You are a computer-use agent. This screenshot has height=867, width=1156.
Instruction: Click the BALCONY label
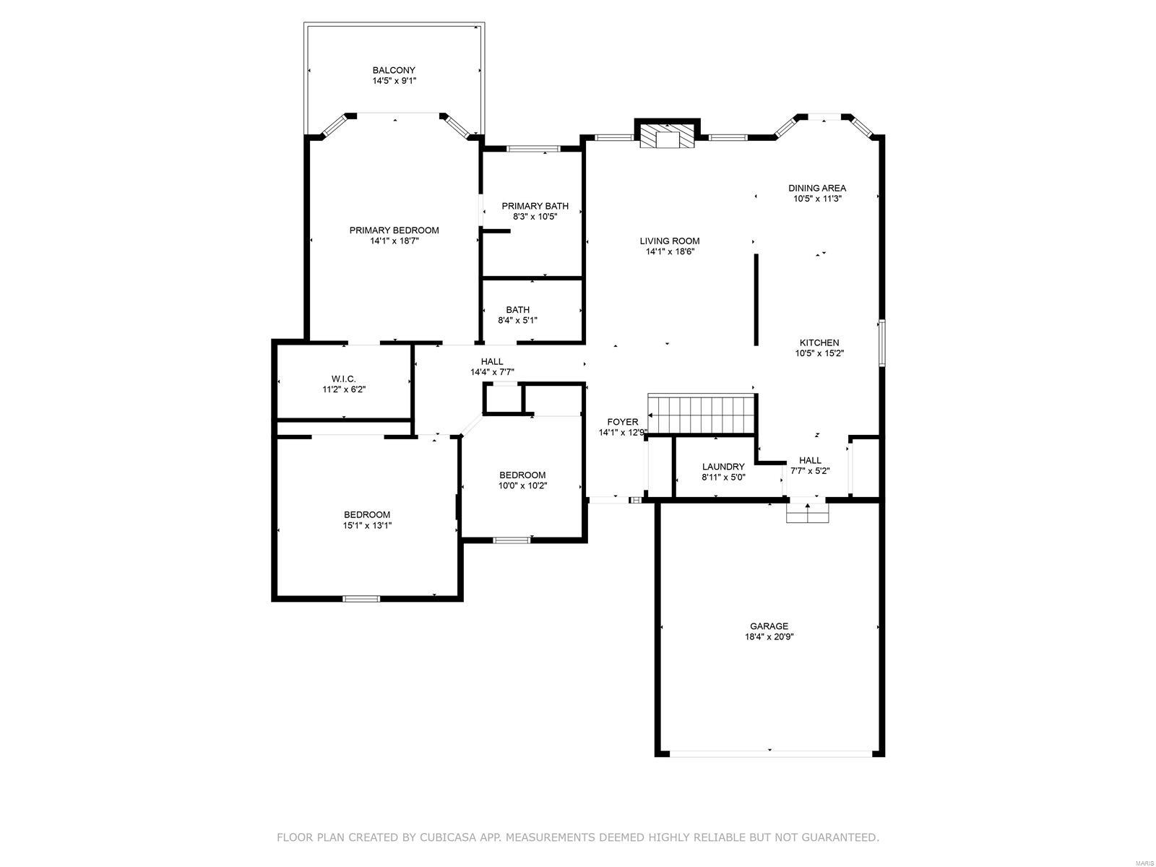[x=394, y=71]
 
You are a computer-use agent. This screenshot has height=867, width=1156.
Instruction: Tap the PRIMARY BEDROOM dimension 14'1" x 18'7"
[x=394, y=241]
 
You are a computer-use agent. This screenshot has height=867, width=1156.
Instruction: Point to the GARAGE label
[x=769, y=626]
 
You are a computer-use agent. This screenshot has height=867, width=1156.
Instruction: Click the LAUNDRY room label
[x=723, y=467]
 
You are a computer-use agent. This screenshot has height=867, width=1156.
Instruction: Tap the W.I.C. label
[x=343, y=379]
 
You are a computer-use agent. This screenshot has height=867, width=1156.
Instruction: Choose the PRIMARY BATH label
[x=535, y=206]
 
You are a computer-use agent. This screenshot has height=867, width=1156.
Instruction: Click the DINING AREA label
[x=816, y=188]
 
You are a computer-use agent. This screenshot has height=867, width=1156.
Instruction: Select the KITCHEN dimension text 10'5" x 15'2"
[x=819, y=353]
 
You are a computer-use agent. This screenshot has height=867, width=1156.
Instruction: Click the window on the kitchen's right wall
[x=881, y=342]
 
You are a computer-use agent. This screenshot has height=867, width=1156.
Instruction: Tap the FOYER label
[x=622, y=422]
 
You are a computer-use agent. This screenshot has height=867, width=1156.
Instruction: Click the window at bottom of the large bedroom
[x=361, y=598]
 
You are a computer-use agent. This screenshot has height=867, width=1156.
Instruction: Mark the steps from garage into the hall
[x=807, y=512]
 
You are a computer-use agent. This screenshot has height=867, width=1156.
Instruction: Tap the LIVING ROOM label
[x=670, y=241]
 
